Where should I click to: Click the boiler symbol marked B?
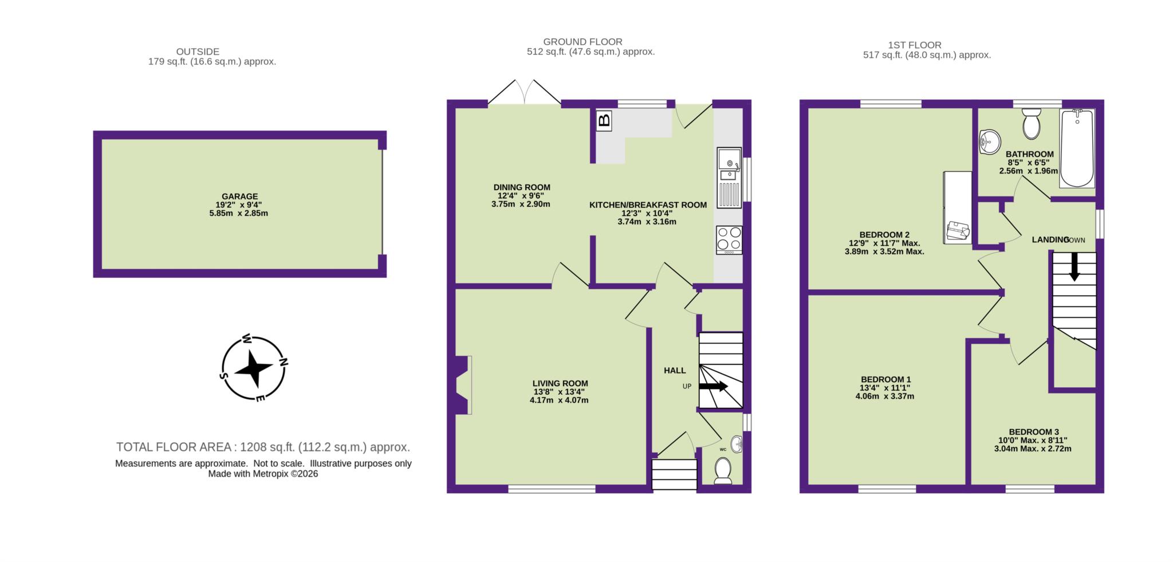[604, 121]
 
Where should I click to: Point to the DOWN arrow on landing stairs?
[1074, 266]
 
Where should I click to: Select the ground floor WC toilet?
[723, 471]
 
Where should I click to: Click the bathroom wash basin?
[989, 141]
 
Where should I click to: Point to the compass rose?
[254, 368]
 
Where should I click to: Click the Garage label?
[240, 196]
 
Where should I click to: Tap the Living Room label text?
[560, 383]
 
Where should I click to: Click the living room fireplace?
[463, 384]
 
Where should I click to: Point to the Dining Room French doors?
[524, 95]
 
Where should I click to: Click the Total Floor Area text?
[263, 447]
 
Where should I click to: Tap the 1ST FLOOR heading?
[914, 45]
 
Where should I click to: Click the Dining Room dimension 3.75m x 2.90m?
[521, 204]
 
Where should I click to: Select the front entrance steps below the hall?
[674, 475]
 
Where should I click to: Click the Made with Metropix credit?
[263, 474]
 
